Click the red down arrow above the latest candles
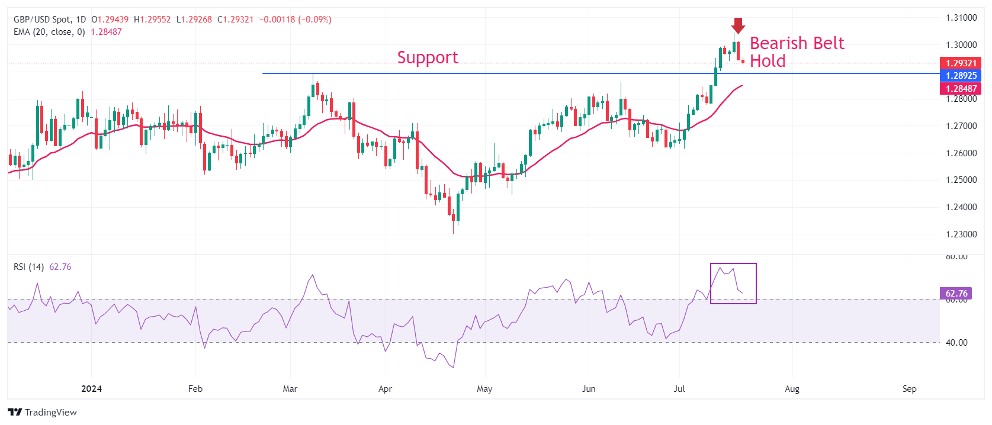pyautogui.click(x=737, y=25)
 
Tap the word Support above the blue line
pyautogui.click(x=428, y=57)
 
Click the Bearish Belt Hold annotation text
pyautogui.click(x=797, y=51)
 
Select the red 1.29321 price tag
pyautogui.click(x=960, y=63)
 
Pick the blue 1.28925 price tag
pyautogui.click(x=960, y=76)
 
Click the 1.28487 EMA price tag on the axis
pyautogui.click(x=960, y=89)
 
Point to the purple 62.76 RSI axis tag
pyautogui.click(x=956, y=294)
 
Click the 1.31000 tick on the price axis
pyautogui.click(x=961, y=18)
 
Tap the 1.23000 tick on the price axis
pyautogui.click(x=961, y=234)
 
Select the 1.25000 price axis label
pyautogui.click(x=961, y=180)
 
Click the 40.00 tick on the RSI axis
pyautogui.click(x=956, y=343)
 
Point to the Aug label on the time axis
pyautogui.click(x=792, y=389)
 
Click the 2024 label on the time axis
pyautogui.click(x=91, y=389)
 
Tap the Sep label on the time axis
pyautogui.click(x=910, y=389)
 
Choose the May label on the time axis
pyautogui.click(x=484, y=389)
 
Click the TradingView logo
pyautogui.click(x=43, y=412)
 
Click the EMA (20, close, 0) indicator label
pyautogui.click(x=49, y=32)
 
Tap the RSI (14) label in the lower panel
pyautogui.click(x=28, y=267)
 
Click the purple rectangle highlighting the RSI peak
pyautogui.click(x=733, y=284)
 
